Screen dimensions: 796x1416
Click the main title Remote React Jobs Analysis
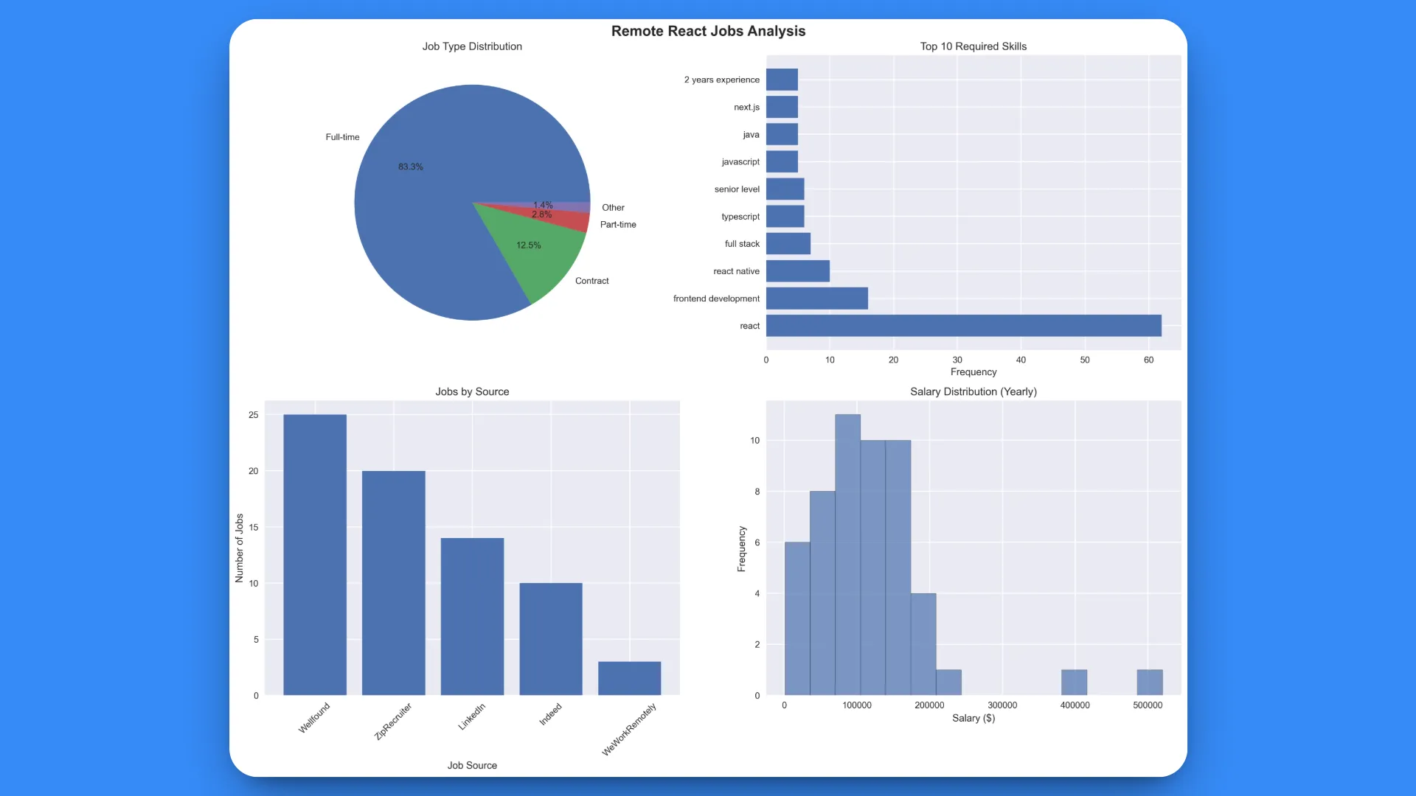click(x=708, y=31)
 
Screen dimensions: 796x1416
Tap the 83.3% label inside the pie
click(x=411, y=167)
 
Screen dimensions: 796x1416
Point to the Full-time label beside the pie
click(x=342, y=137)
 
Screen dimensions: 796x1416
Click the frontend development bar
click(x=816, y=298)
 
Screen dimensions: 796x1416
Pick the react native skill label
click(x=736, y=271)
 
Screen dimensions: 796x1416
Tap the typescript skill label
click(x=740, y=217)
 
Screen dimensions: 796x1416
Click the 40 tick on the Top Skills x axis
click(x=1021, y=360)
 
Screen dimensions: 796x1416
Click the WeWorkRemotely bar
click(x=629, y=678)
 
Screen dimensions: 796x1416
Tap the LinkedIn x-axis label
click(x=472, y=716)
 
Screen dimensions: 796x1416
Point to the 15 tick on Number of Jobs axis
click(x=254, y=527)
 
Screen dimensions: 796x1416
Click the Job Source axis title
click(x=472, y=765)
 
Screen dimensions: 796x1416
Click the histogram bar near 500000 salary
click(x=1149, y=682)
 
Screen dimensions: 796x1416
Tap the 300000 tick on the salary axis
click(x=1002, y=705)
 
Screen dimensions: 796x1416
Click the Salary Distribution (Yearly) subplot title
click(x=973, y=391)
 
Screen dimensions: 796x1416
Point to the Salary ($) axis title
click(x=973, y=718)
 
